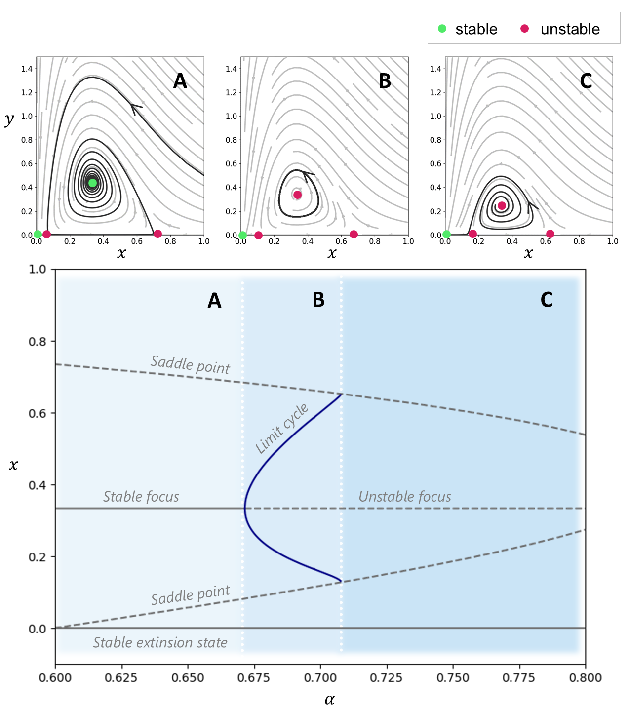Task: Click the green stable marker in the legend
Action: [442, 29]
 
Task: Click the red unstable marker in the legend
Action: [524, 29]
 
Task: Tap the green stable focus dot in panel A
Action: [92, 183]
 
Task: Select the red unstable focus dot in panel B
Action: [297, 195]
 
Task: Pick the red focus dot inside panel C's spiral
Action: [502, 205]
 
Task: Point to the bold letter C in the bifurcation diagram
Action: [547, 300]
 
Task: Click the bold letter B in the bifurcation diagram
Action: [318, 300]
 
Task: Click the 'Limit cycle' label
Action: [282, 428]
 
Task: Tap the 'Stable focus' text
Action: [141, 497]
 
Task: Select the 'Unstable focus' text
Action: [405, 497]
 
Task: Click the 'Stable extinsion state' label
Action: [160, 642]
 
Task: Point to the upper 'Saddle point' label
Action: [191, 364]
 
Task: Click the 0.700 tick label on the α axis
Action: [320, 678]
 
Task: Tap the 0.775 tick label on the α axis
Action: [519, 678]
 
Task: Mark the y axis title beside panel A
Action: [9, 119]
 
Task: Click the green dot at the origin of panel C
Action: [446, 234]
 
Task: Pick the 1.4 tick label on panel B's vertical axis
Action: [232, 69]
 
